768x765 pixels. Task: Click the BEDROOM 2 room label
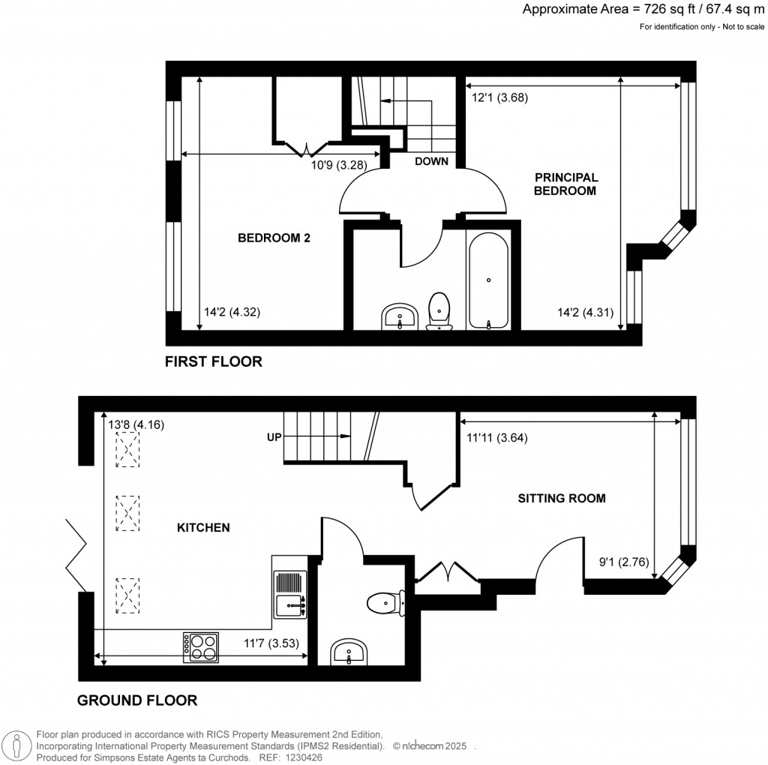pos(274,238)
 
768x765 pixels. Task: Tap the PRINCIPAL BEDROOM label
pos(566,184)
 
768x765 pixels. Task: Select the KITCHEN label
pos(202,528)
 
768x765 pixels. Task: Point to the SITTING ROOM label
pos(561,498)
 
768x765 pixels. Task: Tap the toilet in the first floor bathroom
pos(439,311)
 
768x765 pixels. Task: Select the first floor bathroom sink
pos(399,316)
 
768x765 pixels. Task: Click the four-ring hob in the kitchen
pos(201,646)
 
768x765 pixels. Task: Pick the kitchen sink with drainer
pos(290,593)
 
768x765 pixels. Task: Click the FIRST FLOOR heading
pos(214,362)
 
